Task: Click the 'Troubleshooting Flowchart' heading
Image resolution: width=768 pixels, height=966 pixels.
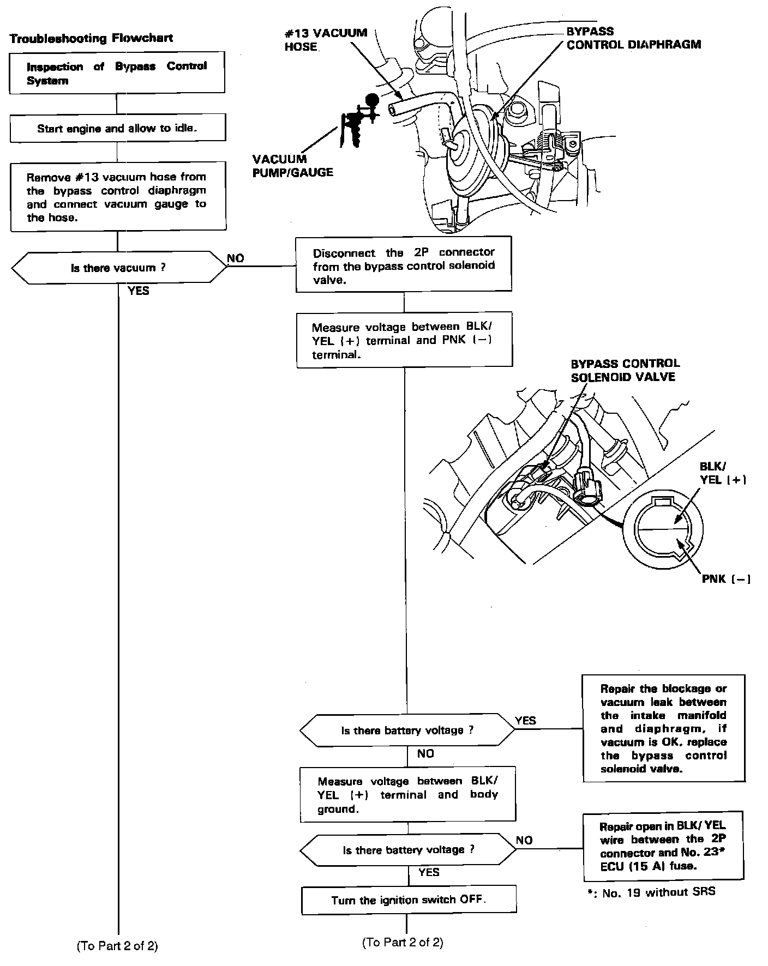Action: (x=92, y=38)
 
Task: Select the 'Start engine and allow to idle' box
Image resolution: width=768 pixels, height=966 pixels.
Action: (x=117, y=129)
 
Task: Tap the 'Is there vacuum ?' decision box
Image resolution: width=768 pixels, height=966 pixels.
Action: (x=118, y=268)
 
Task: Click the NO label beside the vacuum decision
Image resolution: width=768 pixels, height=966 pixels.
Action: (x=236, y=258)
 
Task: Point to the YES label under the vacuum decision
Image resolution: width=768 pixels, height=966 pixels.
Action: (x=138, y=291)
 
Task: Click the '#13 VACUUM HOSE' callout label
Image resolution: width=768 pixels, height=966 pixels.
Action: (x=326, y=40)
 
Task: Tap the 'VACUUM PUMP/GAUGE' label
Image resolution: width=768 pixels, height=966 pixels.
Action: (x=292, y=166)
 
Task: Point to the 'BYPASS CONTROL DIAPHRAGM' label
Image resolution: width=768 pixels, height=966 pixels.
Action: (x=633, y=38)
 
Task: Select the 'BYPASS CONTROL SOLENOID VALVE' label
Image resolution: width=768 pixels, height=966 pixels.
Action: (x=625, y=370)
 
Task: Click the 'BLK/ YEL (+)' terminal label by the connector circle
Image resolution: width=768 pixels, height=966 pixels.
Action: (x=723, y=473)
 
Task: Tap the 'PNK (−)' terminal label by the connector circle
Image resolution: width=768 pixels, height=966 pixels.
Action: (x=725, y=579)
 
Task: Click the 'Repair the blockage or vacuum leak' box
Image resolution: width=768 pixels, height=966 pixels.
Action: (x=664, y=728)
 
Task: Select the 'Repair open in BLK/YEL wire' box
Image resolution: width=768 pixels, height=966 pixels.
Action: (x=663, y=847)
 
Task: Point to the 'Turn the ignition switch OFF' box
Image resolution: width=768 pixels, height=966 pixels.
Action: (x=409, y=900)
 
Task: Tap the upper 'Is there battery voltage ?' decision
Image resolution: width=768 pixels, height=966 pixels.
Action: (x=407, y=730)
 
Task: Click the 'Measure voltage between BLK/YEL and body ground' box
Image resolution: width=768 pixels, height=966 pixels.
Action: (x=407, y=794)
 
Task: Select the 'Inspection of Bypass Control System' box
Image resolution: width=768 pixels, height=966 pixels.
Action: (x=117, y=73)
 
